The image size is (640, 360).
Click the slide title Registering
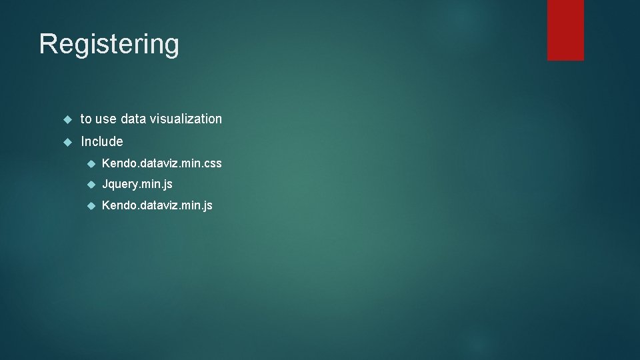109,45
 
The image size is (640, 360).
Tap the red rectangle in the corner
565,30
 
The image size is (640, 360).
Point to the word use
106,119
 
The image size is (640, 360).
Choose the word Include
102,141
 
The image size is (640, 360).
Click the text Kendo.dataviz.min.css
162,163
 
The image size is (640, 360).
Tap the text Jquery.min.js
137,184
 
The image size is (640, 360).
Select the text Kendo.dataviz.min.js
157,205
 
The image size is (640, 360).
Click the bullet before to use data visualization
67,119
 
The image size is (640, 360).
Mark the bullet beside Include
67,142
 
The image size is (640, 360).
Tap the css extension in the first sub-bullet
213,163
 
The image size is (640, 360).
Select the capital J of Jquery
105,184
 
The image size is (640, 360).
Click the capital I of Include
83,141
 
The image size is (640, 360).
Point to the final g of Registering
171,47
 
